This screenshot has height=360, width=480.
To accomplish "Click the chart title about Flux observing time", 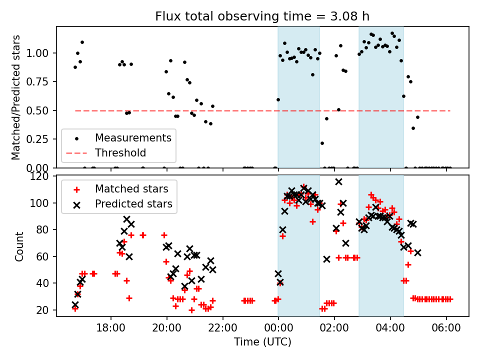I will click(262, 16).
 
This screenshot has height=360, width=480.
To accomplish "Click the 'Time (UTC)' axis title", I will click(262, 342).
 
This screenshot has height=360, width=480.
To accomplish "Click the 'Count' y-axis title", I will click(19, 246).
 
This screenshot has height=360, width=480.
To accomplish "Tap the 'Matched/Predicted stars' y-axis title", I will click(16, 97).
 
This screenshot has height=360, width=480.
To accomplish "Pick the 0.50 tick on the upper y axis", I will click(42, 110).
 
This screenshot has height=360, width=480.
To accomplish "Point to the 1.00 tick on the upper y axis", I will click(42, 53).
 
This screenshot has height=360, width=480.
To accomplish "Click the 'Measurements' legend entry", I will click(133, 137).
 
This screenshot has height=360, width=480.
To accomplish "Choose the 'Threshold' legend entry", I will click(120, 153).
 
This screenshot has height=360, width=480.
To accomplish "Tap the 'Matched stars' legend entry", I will click(131, 189).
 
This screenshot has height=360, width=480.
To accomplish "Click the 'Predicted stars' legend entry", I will click(133, 204).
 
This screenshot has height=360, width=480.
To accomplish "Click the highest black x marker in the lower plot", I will click(338, 181).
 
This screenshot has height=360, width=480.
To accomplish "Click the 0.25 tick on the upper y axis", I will click(42, 139).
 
